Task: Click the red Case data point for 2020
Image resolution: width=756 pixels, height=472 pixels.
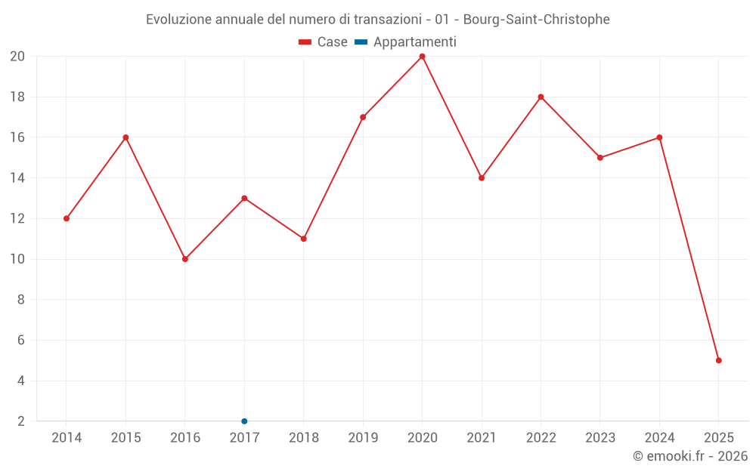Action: coord(422,57)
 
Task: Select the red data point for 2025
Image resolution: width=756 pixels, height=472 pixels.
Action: coord(718,360)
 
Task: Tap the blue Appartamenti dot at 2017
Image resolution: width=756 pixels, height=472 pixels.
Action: coord(244,421)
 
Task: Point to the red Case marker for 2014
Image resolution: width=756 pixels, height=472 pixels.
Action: coord(67,218)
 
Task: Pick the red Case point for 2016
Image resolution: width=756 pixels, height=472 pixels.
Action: coord(185,259)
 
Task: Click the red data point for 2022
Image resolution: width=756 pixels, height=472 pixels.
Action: coord(541,97)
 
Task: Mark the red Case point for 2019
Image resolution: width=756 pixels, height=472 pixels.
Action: coord(363,117)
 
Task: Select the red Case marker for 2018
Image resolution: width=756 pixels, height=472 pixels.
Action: coord(303,239)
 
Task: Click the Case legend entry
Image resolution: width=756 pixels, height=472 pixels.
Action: coord(323,42)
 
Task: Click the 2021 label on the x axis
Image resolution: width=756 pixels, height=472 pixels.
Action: coord(481,438)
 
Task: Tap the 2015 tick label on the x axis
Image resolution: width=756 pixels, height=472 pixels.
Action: coord(125,438)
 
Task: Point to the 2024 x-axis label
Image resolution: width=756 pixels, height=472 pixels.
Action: coord(659,438)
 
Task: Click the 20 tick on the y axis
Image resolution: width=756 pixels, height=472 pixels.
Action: coord(17,57)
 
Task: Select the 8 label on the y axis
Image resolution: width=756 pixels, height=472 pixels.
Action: coord(21,300)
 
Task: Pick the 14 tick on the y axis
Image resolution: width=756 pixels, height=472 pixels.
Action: coord(17,178)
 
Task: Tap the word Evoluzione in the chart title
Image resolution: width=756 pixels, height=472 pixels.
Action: coord(178,20)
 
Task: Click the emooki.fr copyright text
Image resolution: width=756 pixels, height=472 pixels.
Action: coord(690,456)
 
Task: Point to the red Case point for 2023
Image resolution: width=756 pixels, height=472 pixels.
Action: coord(600,158)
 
